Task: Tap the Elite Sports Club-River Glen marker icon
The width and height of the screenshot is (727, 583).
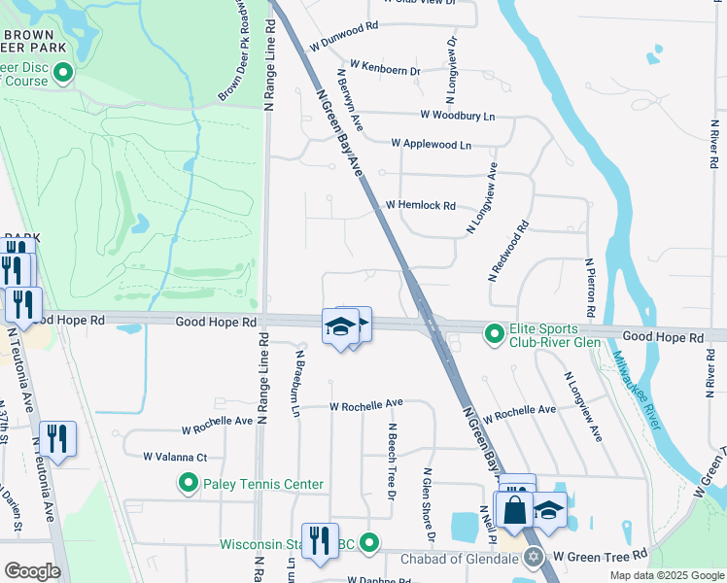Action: [495, 335]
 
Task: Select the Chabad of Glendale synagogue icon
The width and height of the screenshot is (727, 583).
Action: [533, 557]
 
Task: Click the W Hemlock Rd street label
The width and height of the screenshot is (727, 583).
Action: [420, 206]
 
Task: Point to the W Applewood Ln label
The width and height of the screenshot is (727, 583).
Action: [431, 144]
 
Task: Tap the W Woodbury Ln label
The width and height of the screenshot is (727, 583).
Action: [457, 116]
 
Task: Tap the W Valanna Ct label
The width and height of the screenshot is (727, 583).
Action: [176, 456]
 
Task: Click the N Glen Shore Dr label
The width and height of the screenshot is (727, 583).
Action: [428, 505]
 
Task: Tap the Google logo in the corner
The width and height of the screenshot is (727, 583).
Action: [32, 570]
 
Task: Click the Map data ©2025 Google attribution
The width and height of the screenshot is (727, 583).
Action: [666, 575]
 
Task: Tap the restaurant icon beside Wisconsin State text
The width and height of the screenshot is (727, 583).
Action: [320, 540]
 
